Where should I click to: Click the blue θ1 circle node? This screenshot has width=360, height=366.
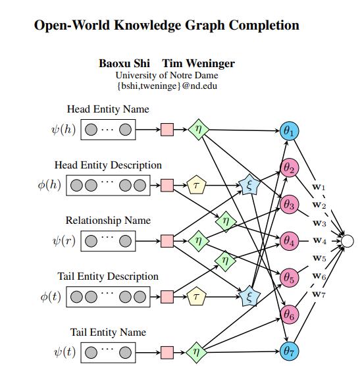coord(288,130)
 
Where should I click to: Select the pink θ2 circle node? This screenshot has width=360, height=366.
coord(289,168)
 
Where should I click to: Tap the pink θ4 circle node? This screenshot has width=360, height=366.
coord(289,241)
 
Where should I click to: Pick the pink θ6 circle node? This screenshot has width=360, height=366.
coord(289,315)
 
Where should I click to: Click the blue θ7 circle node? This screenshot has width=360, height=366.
coord(288,352)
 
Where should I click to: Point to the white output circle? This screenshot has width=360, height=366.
coord(348,241)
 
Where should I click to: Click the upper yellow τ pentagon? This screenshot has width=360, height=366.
coord(195,186)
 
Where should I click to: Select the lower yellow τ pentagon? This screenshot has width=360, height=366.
coord(195,298)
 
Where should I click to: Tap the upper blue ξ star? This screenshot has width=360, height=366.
coord(249,186)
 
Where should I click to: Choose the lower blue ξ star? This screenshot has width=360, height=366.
coord(249,297)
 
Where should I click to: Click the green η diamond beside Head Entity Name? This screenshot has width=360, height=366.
coord(198,130)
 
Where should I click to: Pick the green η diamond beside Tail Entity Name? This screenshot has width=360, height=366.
coord(195,352)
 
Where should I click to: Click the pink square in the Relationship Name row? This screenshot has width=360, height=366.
coord(167,241)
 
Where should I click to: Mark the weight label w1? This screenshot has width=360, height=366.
coord(319,187)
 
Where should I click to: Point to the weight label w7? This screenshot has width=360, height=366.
coord(319,294)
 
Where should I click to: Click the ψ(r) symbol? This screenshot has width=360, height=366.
coord(64,241)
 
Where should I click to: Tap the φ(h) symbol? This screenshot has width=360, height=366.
coord(50,185)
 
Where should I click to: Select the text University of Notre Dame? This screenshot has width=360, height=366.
coord(167,75)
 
